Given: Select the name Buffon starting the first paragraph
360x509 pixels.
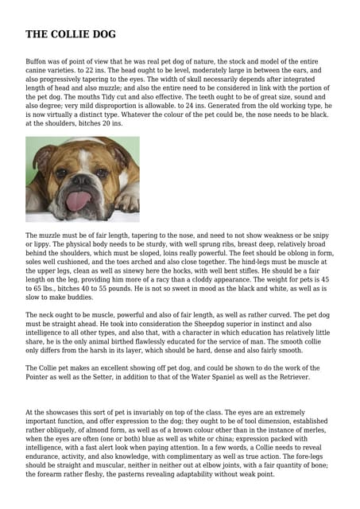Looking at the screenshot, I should [x=37, y=61].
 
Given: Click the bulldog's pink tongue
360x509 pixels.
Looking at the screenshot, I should [x=77, y=200].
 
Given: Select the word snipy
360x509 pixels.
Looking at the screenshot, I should [x=323, y=236].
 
